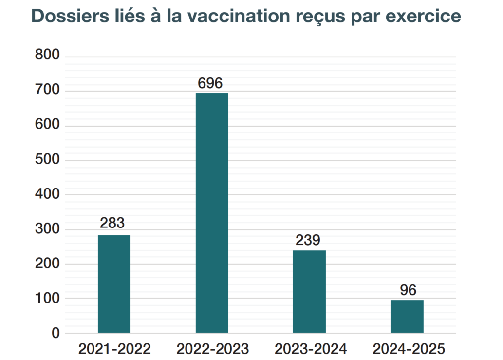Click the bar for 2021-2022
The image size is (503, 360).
pyautogui.click(x=114, y=284)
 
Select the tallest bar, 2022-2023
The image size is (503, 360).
pyautogui.click(x=212, y=213)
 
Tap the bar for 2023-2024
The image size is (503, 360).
pyautogui.click(x=309, y=291)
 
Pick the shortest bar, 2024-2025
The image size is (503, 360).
pyautogui.click(x=407, y=316)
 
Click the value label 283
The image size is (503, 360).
pyautogui.click(x=112, y=223)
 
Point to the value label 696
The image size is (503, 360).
pyautogui.click(x=210, y=83)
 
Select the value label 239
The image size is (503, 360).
pyautogui.click(x=308, y=240)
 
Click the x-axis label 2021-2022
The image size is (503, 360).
pyautogui.click(x=114, y=349)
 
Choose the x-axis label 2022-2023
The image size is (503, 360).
pyautogui.click(x=212, y=349)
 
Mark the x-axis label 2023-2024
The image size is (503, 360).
pyautogui.click(x=310, y=349)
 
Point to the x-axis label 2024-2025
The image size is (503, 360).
pyautogui.click(x=409, y=349)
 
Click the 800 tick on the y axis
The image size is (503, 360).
pyautogui.click(x=47, y=56)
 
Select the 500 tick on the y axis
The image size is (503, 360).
pyautogui.click(x=47, y=160)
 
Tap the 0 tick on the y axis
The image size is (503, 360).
pyautogui.click(x=55, y=334)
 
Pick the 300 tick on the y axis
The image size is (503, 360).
pyautogui.click(x=47, y=229)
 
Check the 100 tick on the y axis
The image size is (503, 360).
pyautogui.click(x=47, y=299)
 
